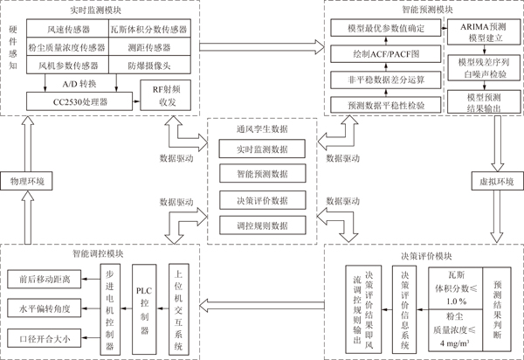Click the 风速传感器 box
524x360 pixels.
click(67, 28)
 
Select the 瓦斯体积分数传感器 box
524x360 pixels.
click(149, 28)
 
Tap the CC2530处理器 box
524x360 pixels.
click(79, 101)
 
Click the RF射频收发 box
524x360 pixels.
click(165, 95)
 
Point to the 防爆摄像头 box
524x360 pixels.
click(149, 65)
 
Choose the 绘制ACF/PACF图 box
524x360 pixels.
click(386, 54)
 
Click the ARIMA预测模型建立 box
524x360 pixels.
click(484, 32)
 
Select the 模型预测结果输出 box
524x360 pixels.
click(484, 101)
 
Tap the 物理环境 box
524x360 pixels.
click(26, 181)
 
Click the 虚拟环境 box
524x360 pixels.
click(497, 181)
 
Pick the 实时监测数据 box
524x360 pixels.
click(262, 149)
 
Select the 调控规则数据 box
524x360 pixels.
click(262, 225)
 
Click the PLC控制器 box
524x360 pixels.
click(144, 309)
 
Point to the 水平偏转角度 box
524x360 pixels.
click(45, 308)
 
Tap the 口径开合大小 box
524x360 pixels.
click(45, 338)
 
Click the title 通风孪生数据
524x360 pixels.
click(262, 128)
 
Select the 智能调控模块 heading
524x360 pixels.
click(98, 253)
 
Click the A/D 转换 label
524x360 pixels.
click(79, 84)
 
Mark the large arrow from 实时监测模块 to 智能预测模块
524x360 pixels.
click(262, 47)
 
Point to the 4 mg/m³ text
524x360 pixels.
click(455, 343)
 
